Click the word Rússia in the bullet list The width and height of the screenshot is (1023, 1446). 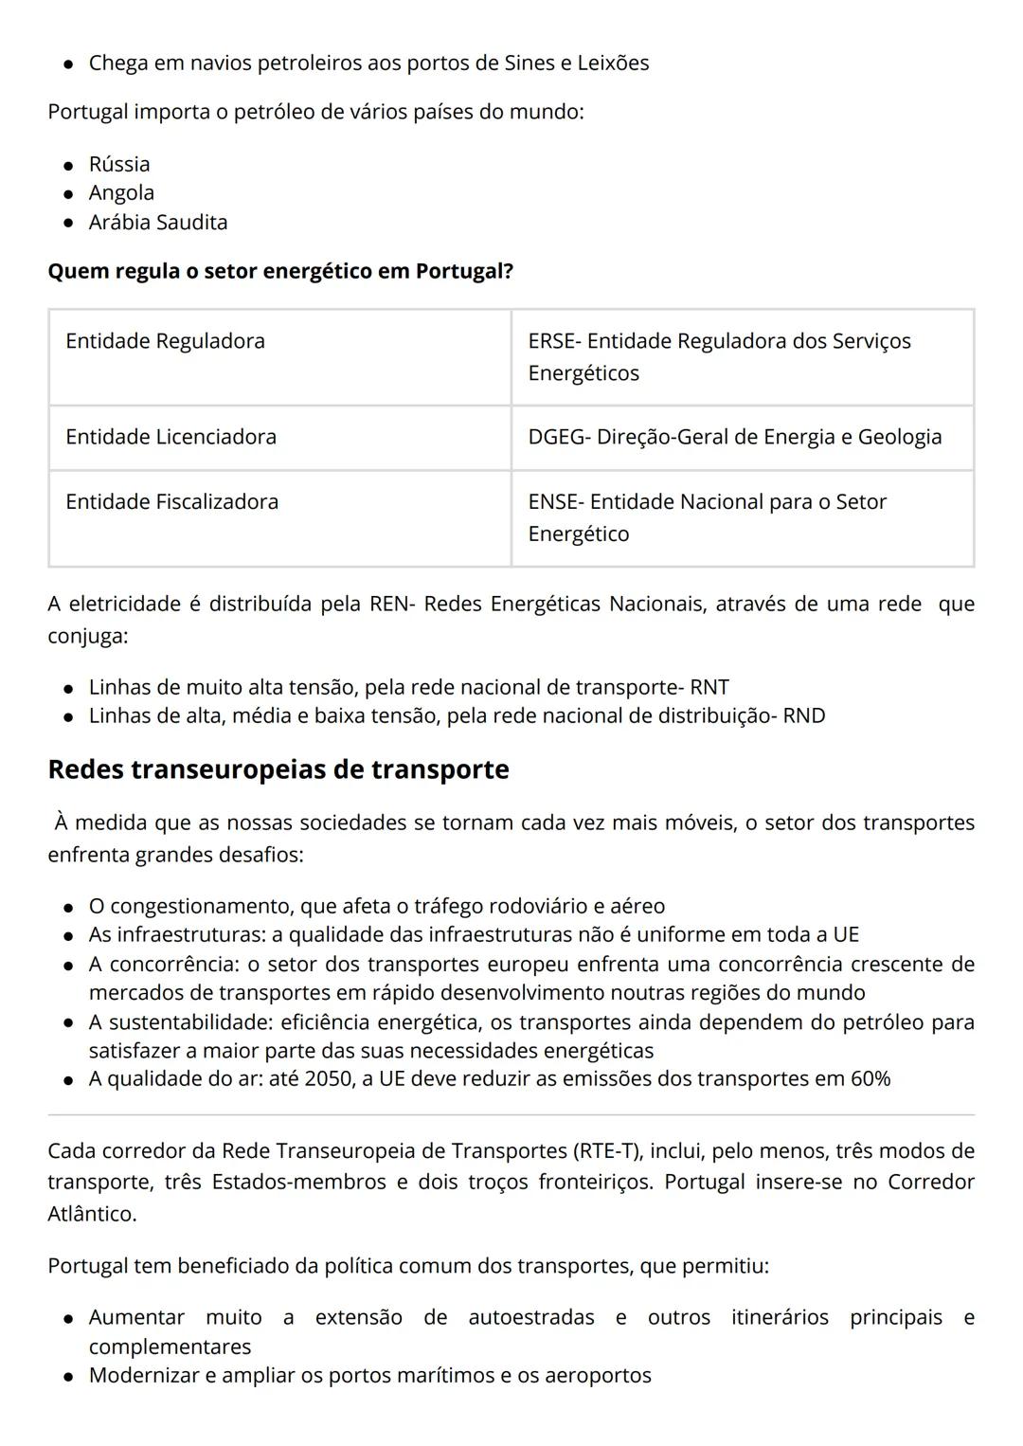point(119,164)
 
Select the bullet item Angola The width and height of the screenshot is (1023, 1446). point(121,192)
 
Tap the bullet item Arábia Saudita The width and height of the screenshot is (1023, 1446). point(158,222)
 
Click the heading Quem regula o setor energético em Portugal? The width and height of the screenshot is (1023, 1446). point(280,271)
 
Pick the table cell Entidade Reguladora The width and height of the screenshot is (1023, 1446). point(165,341)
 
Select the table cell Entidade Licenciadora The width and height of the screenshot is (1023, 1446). point(170,437)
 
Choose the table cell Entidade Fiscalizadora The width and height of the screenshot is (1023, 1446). point(171,501)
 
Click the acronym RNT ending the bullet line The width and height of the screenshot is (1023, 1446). point(709,687)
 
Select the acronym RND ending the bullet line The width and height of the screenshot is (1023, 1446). point(803,715)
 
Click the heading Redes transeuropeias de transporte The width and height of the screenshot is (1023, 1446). point(278,768)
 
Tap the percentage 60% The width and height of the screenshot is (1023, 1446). point(870,1078)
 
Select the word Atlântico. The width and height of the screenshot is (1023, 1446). point(92,1214)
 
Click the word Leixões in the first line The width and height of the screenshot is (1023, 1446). point(613,63)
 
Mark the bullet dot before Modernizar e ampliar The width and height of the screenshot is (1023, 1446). point(68,1377)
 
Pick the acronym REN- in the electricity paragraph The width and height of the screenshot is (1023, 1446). point(392,604)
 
